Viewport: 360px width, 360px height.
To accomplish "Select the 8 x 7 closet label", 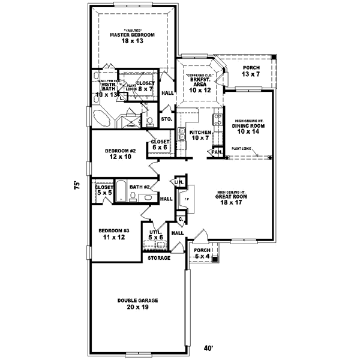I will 145,86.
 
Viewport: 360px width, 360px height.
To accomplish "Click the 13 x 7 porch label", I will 250,71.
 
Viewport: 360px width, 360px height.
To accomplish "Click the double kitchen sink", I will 182,133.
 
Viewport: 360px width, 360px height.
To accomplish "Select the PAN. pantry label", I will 216,153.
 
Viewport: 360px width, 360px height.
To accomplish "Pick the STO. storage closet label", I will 167,119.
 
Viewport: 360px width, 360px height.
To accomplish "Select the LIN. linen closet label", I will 178,181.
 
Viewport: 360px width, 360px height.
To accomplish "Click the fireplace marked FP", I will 187,199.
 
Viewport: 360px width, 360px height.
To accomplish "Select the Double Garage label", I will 133,303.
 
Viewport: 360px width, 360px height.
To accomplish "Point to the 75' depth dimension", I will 77,185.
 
